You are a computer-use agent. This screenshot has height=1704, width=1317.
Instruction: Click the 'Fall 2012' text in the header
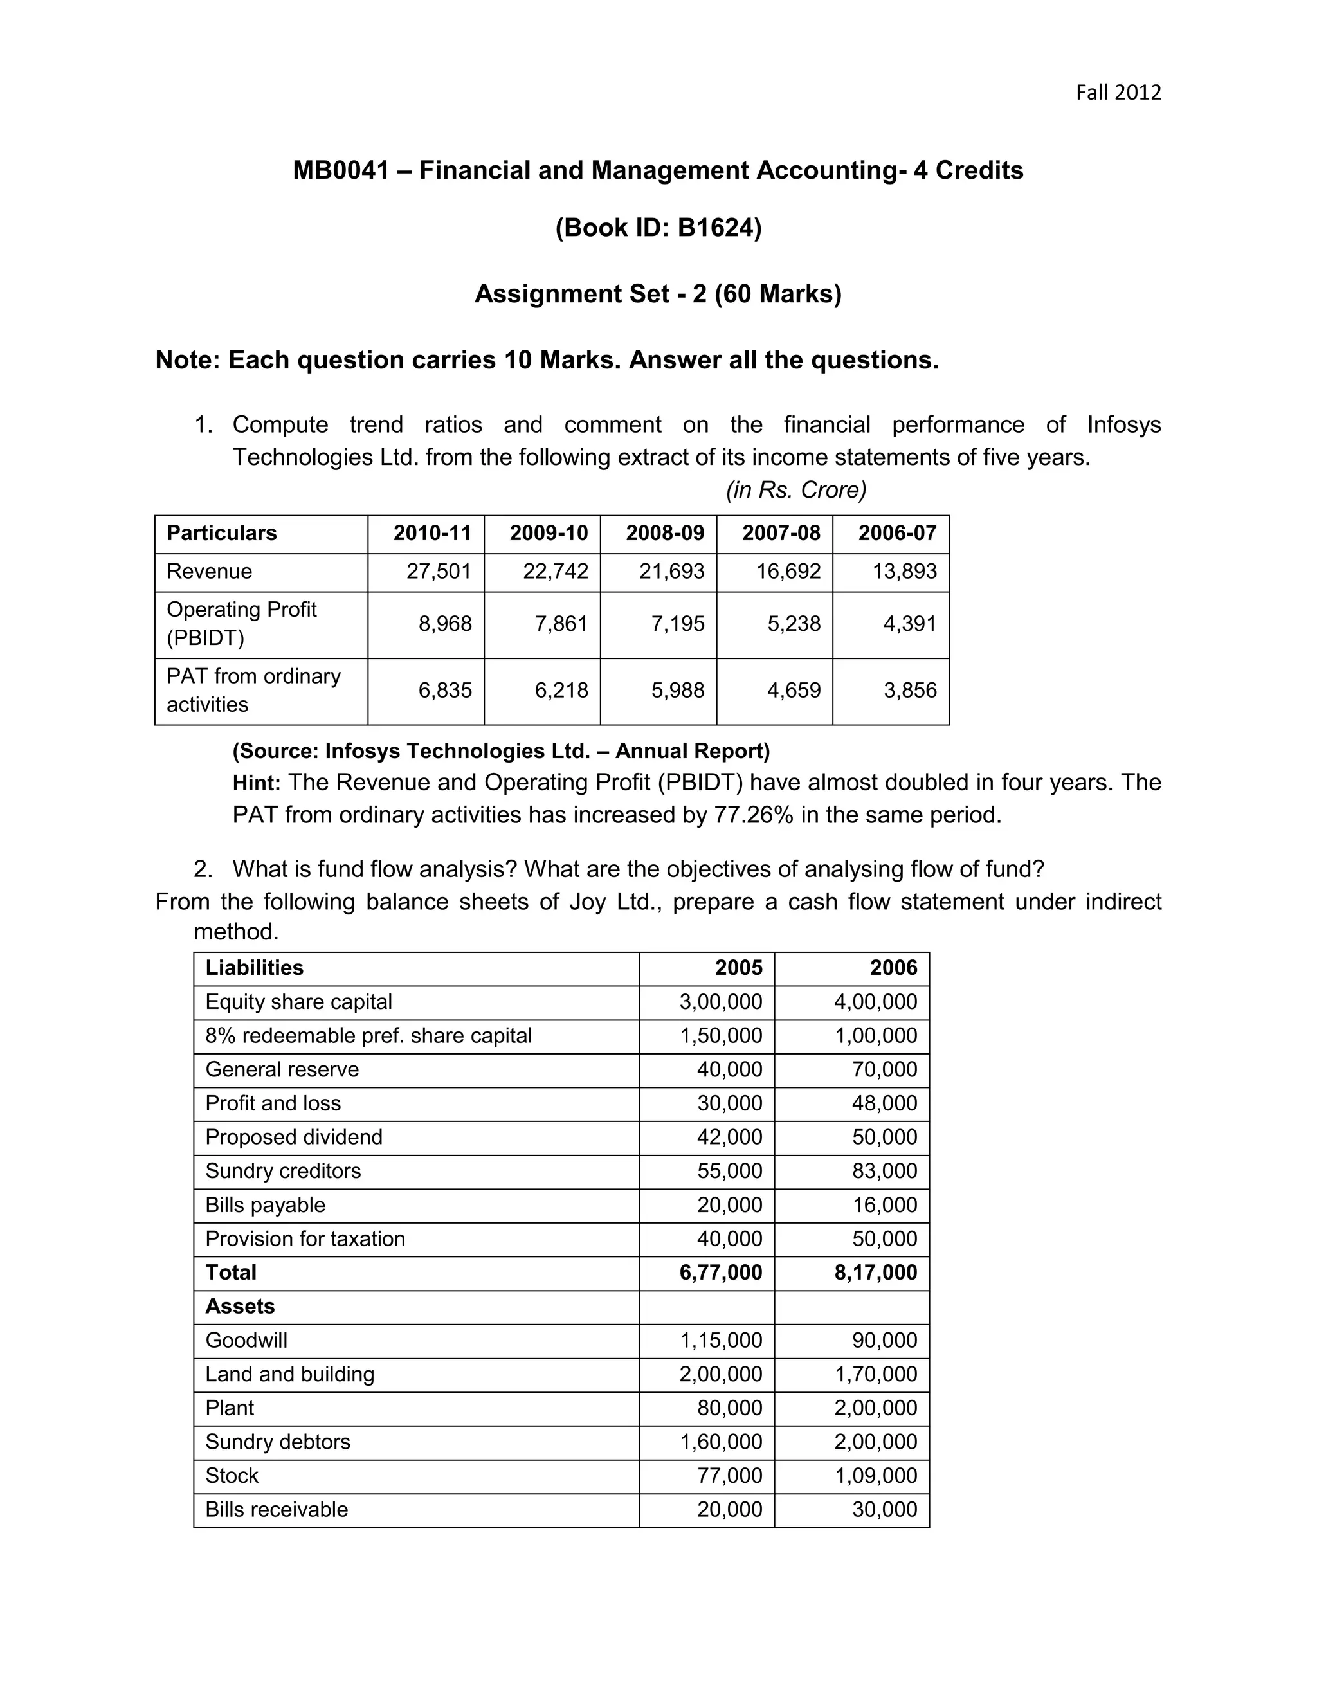1118,93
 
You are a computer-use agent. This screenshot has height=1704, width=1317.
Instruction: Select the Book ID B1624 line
658,227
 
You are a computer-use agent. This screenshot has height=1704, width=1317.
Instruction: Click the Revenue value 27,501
439,571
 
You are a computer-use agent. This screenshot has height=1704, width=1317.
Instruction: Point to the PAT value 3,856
910,690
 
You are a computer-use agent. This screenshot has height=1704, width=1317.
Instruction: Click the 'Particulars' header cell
222,533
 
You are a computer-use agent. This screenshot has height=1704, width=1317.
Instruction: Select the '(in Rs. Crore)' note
796,490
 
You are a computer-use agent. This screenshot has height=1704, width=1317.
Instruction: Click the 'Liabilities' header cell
255,968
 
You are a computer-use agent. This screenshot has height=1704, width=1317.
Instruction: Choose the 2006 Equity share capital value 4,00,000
875,1002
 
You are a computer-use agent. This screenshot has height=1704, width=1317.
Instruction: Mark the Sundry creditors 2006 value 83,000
884,1170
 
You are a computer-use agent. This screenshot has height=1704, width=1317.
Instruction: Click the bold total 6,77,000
720,1273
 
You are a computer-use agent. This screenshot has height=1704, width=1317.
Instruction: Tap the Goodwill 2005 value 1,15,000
720,1341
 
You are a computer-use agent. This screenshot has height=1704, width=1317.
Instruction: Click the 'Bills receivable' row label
276,1509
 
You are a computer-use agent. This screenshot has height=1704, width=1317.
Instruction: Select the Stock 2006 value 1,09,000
875,1475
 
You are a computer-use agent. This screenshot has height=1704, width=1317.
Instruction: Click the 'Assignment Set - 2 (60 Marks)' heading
658,293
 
